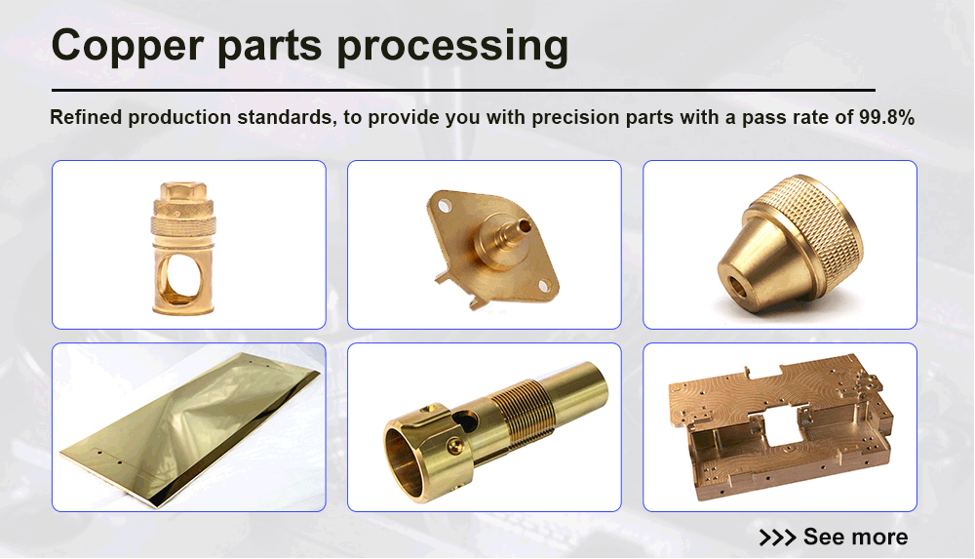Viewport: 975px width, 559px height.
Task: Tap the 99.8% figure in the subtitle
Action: click(886, 118)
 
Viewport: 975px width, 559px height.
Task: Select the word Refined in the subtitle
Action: click(85, 118)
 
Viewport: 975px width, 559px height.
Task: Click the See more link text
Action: click(855, 537)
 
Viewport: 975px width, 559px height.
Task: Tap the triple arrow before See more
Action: click(777, 537)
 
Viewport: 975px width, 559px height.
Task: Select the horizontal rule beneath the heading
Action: click(462, 90)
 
